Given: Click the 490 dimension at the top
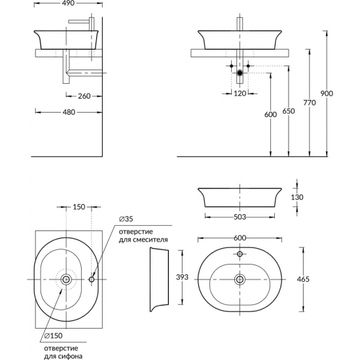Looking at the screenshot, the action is tap(69, 3).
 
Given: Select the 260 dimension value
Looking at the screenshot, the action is tap(84, 96).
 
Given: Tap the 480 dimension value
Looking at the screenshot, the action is tap(69, 112).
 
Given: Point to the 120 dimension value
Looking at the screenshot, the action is tap(240, 94).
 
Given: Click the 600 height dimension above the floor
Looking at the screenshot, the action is tap(270, 115).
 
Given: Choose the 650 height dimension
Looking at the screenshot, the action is tap(289, 111).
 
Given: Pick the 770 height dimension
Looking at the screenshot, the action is tap(310, 103).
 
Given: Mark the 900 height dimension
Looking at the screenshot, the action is tap(327, 94).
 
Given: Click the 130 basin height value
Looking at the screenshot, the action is tap(297, 197).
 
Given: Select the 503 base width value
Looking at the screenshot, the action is tap(240, 217).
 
